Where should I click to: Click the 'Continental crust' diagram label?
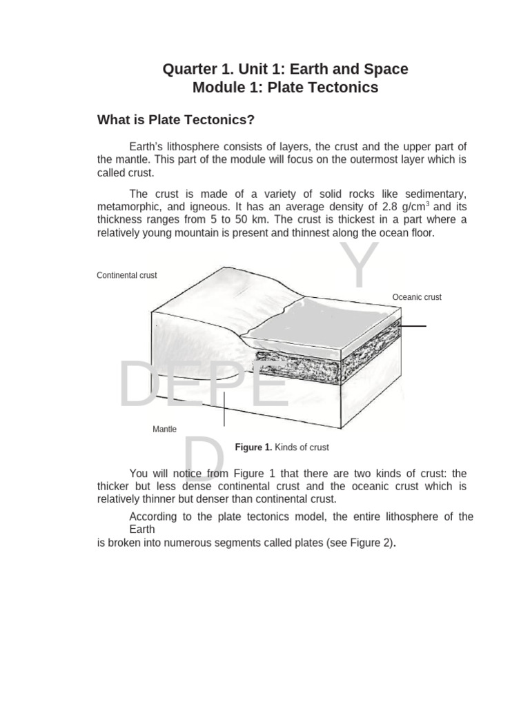click(127, 275)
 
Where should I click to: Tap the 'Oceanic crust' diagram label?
click(417, 297)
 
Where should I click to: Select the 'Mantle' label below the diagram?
click(164, 429)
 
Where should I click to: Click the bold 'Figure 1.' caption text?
click(254, 447)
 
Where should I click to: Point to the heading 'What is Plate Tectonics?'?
click(176, 120)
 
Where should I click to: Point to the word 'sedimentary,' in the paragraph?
click(436, 194)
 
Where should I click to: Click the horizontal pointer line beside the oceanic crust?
click(413, 325)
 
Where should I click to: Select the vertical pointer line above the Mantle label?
click(224, 408)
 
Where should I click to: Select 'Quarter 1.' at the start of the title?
click(198, 69)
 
